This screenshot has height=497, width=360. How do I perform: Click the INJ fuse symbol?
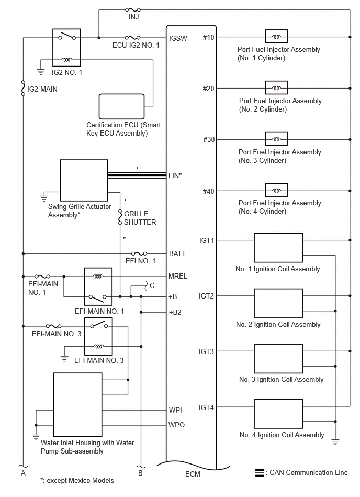tap(133, 10)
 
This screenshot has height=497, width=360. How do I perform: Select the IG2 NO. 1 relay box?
tap(66, 48)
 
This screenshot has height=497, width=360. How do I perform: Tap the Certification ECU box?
tap(121, 106)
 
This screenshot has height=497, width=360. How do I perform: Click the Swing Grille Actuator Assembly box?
tap(84, 180)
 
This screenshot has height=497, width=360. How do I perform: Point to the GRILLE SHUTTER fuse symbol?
tap(120, 217)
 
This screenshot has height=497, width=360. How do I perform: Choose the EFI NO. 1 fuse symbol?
tap(139, 253)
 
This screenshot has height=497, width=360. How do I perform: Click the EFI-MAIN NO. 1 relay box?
tap(98, 286)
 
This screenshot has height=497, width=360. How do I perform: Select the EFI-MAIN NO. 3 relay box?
tap(98, 336)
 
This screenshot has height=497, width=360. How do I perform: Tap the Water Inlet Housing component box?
tap(77, 404)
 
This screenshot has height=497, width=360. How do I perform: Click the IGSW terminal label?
tap(178, 38)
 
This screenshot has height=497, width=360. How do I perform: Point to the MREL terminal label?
tap(177, 277)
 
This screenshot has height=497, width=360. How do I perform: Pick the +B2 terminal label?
tap(175, 312)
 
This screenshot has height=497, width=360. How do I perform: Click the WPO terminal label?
tap(176, 425)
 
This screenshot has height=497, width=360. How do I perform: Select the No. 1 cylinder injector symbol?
tap(276, 37)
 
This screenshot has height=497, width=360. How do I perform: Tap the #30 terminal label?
tap(209, 139)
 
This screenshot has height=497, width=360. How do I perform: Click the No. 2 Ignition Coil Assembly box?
tap(278, 303)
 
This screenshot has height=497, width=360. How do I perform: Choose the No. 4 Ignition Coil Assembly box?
tap(278, 414)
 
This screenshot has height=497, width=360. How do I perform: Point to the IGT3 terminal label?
tap(206, 351)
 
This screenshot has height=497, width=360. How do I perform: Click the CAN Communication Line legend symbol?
tap(260, 473)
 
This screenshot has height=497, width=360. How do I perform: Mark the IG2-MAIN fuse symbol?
tap(23, 89)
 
